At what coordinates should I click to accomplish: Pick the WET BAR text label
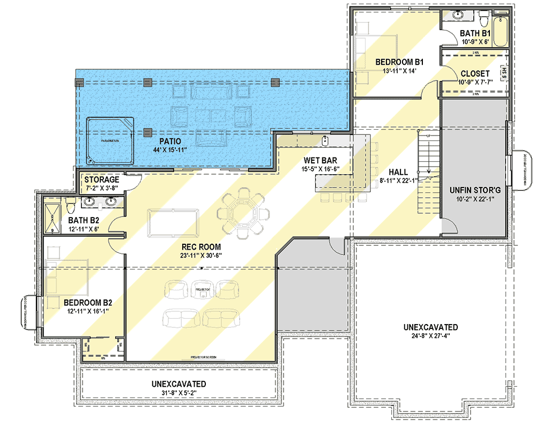[x=321, y=160]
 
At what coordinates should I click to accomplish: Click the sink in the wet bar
[x=325, y=140]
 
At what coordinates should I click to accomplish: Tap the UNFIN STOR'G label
[x=474, y=191]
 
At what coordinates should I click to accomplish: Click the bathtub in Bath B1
[x=501, y=32]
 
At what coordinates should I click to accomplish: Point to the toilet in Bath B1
[x=483, y=20]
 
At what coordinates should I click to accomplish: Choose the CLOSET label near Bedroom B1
[x=474, y=73]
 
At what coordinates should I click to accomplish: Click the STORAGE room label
[x=101, y=179]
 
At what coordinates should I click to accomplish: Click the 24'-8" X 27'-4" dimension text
[x=430, y=337]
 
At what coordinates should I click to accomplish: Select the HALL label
[x=398, y=172]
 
